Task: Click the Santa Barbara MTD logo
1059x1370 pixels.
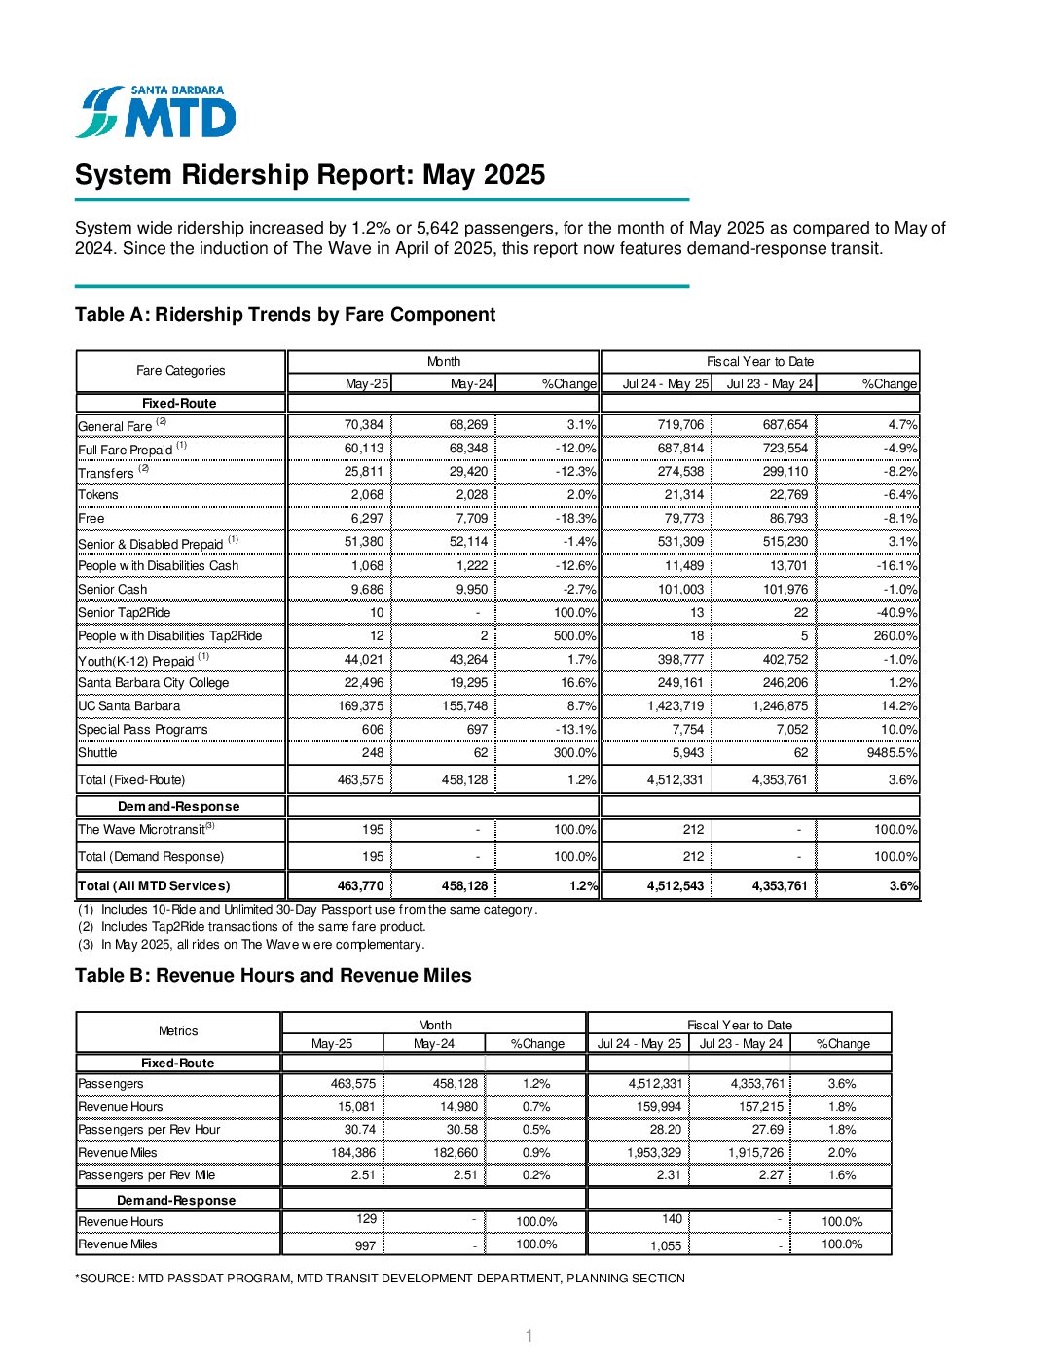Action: [156, 112]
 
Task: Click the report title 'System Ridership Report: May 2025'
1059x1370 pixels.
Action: [310, 175]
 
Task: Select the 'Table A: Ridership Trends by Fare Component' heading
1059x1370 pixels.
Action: [285, 315]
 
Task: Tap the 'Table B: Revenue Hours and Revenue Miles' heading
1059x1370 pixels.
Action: [273, 976]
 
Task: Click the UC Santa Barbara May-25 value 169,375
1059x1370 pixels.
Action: [360, 706]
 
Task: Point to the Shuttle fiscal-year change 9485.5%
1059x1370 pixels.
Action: [890, 753]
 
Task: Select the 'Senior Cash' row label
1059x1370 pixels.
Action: [113, 590]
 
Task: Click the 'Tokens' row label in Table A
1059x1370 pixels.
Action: [98, 495]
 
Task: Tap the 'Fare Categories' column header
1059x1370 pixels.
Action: [180, 371]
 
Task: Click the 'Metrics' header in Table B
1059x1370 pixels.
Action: [178, 1031]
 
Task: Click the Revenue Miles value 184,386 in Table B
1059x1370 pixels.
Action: [352, 1153]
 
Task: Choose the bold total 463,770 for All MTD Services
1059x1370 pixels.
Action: [360, 886]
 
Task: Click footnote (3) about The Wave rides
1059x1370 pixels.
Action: [251, 945]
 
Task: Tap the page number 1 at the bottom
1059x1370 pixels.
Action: [529, 1337]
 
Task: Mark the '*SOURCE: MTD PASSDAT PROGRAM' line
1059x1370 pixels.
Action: [380, 1279]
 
